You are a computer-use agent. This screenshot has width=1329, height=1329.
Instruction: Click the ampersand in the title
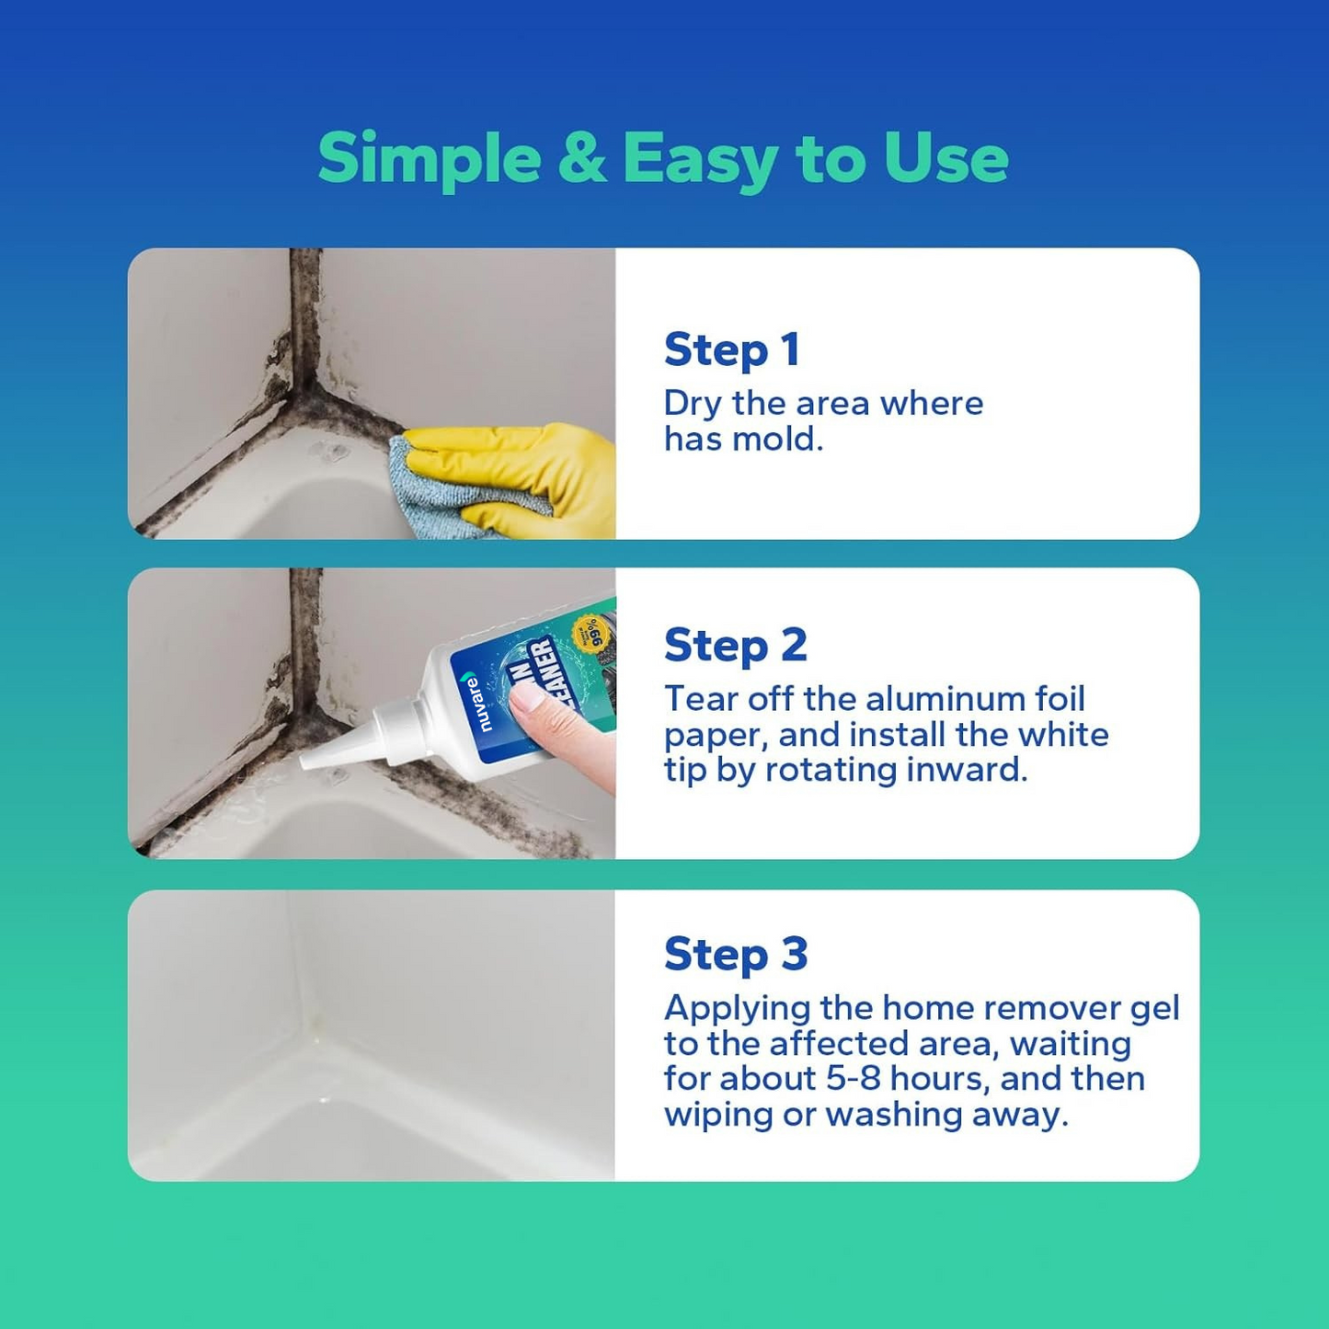pyautogui.click(x=581, y=158)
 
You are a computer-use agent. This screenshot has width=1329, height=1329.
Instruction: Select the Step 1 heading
pyautogui.click(x=731, y=350)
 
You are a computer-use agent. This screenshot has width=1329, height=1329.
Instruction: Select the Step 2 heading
pyautogui.click(x=735, y=646)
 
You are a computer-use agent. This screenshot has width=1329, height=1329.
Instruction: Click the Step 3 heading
pyautogui.click(x=735, y=954)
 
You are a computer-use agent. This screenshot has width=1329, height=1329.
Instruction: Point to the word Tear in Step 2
pyautogui.click(x=699, y=699)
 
